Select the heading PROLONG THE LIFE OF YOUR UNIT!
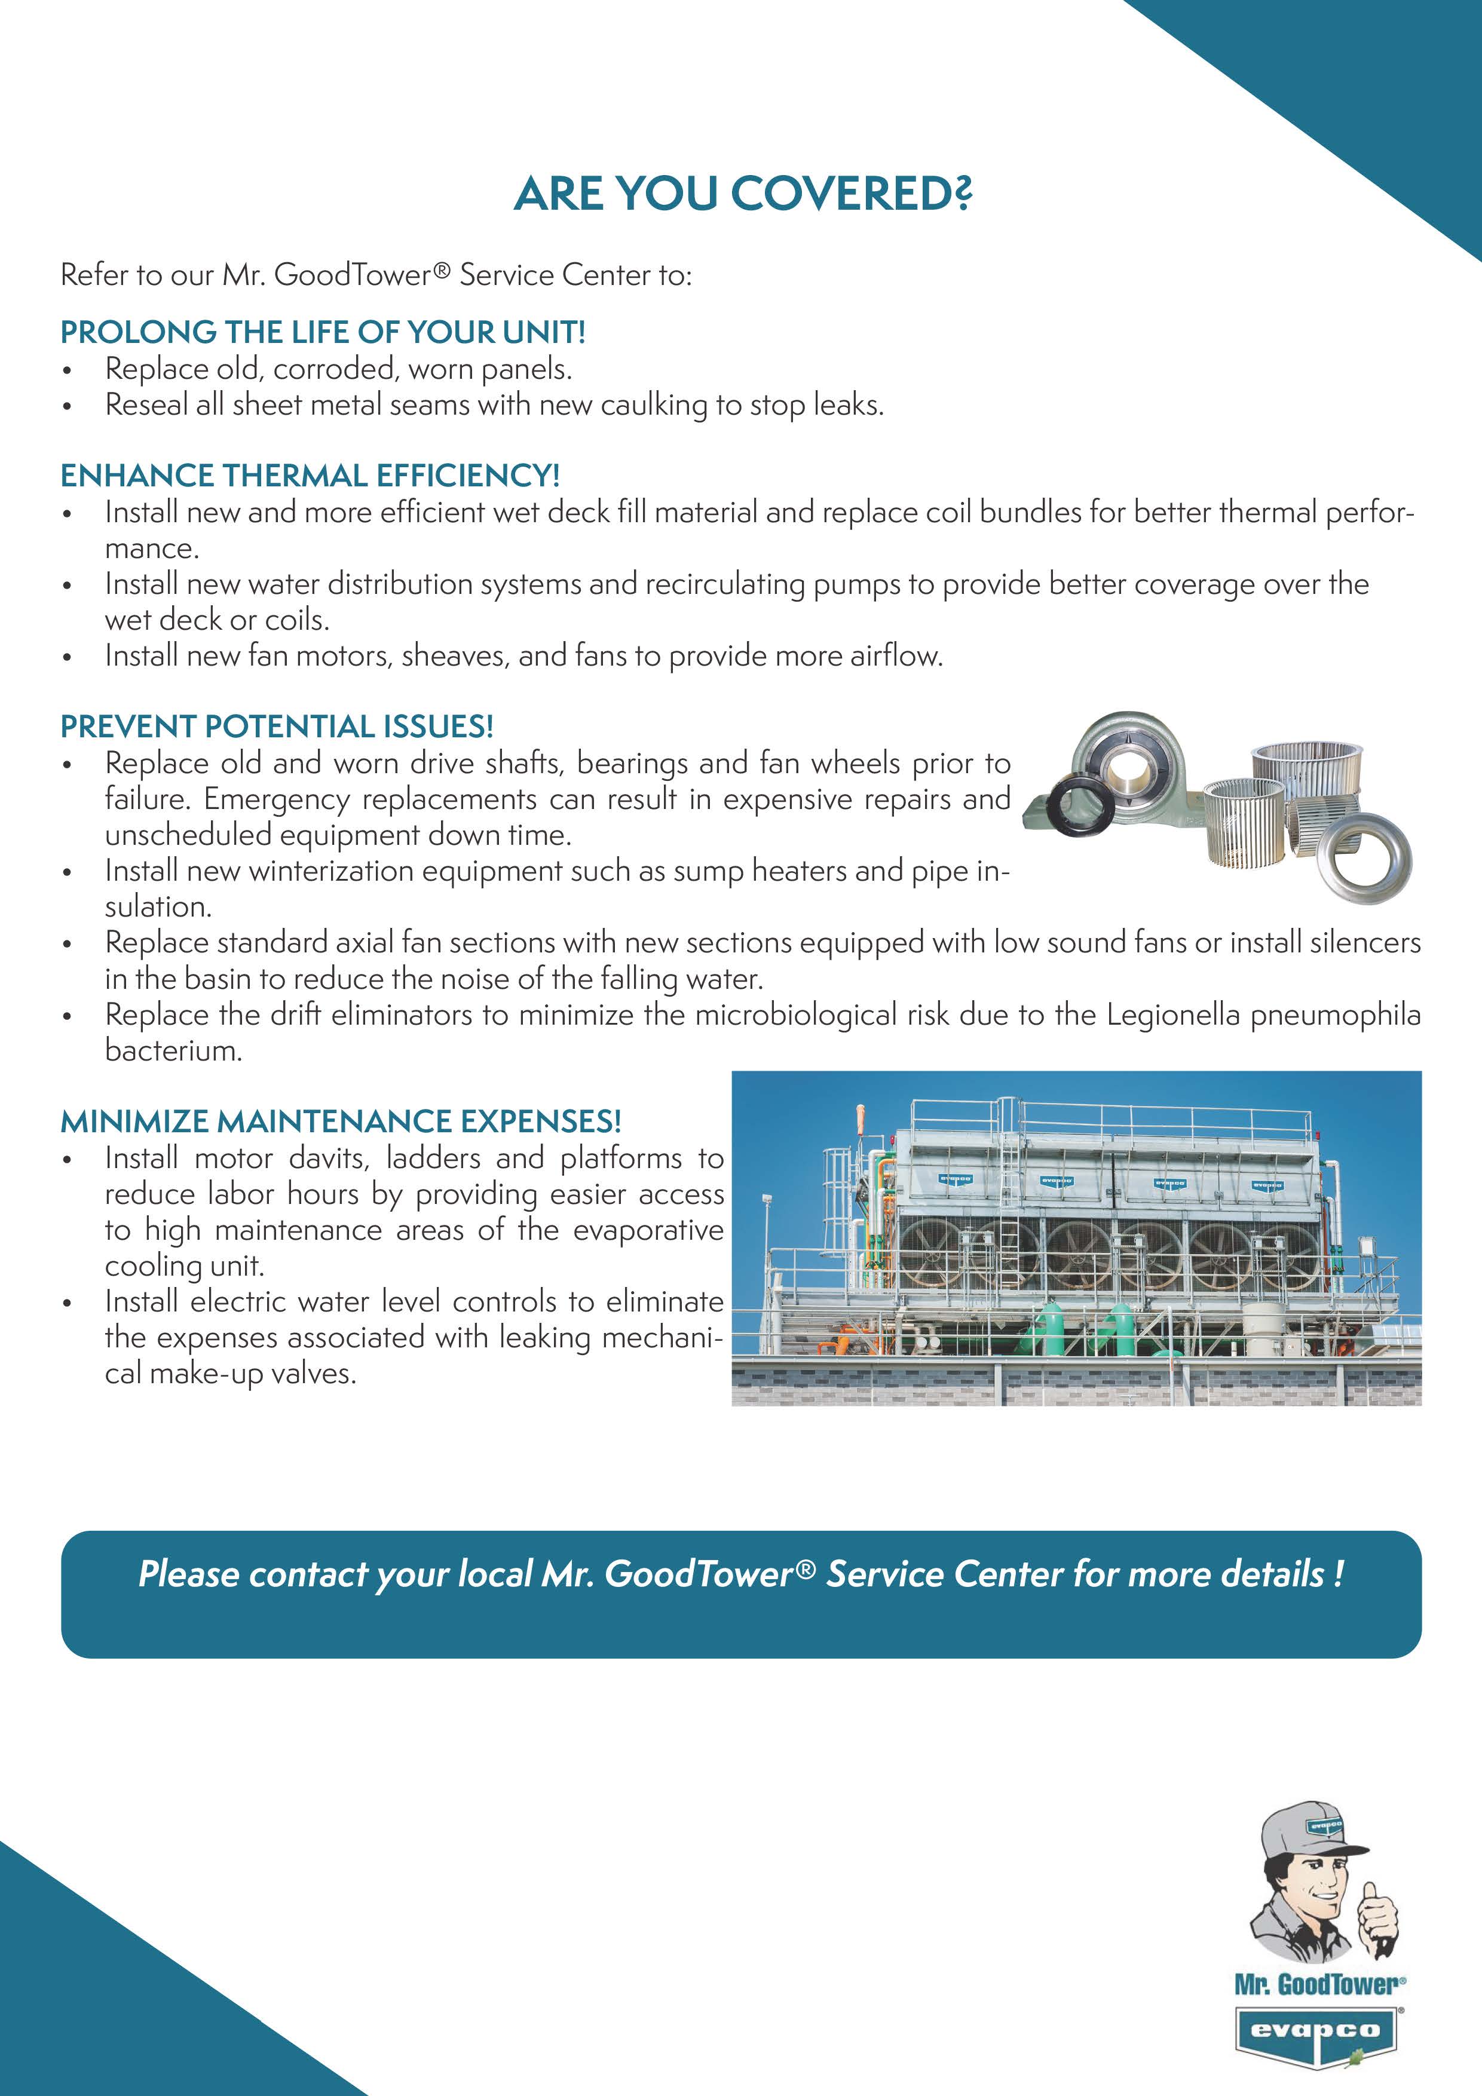click(322, 332)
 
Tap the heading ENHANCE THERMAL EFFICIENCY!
click(310, 476)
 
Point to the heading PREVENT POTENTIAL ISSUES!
click(277, 727)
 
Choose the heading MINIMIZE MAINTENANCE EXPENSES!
click(341, 1121)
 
